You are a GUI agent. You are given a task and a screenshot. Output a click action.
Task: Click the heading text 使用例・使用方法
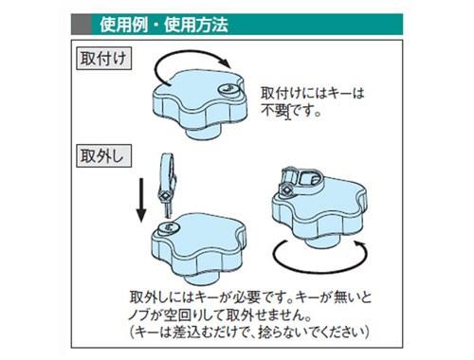click(164, 25)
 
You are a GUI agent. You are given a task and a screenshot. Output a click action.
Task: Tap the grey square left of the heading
click(82, 24)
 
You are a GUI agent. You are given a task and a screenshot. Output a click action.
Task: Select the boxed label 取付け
click(104, 59)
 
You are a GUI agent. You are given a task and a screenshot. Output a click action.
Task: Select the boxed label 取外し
click(104, 156)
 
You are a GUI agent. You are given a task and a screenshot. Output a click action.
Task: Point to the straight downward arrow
click(141, 200)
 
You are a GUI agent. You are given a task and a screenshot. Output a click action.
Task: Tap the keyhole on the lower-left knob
click(169, 227)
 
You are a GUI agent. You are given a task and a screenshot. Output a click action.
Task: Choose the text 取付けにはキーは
click(313, 94)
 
